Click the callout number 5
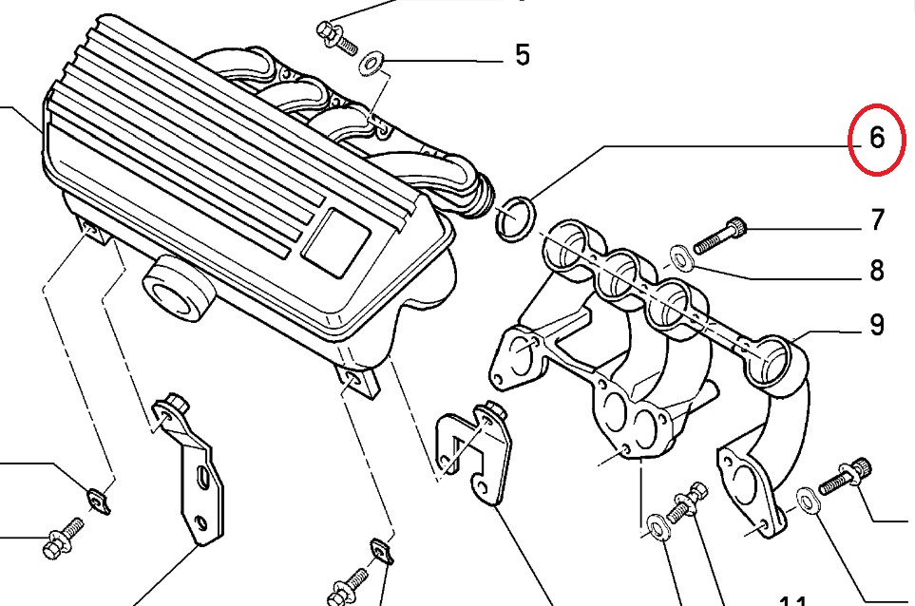(522, 54)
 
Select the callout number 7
(876, 221)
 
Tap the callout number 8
(876, 271)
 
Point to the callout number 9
(876, 326)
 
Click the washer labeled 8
(681, 256)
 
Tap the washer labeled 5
(372, 64)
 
